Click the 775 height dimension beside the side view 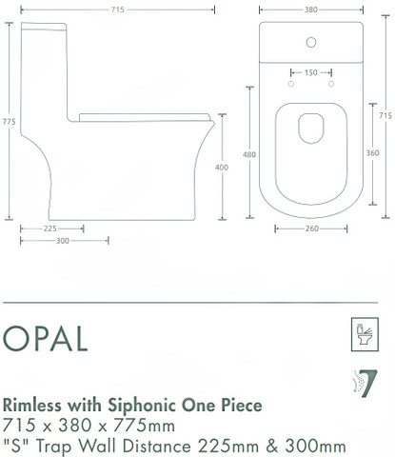(9, 122)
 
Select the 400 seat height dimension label (222, 168)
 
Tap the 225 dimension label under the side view (50, 228)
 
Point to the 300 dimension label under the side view (63, 241)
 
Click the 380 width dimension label (311, 10)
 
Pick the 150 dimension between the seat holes (311, 72)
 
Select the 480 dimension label (249, 154)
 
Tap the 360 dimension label (373, 153)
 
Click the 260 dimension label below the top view (312, 228)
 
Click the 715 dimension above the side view (117, 10)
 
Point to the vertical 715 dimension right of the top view (385, 115)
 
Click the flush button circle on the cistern (311, 42)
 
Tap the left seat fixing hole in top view (291, 84)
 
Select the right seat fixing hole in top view (331, 84)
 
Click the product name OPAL (45, 338)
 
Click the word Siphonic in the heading (142, 406)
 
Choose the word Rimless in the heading (31, 406)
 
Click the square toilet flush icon (365, 334)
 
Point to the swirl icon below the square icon (365, 384)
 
